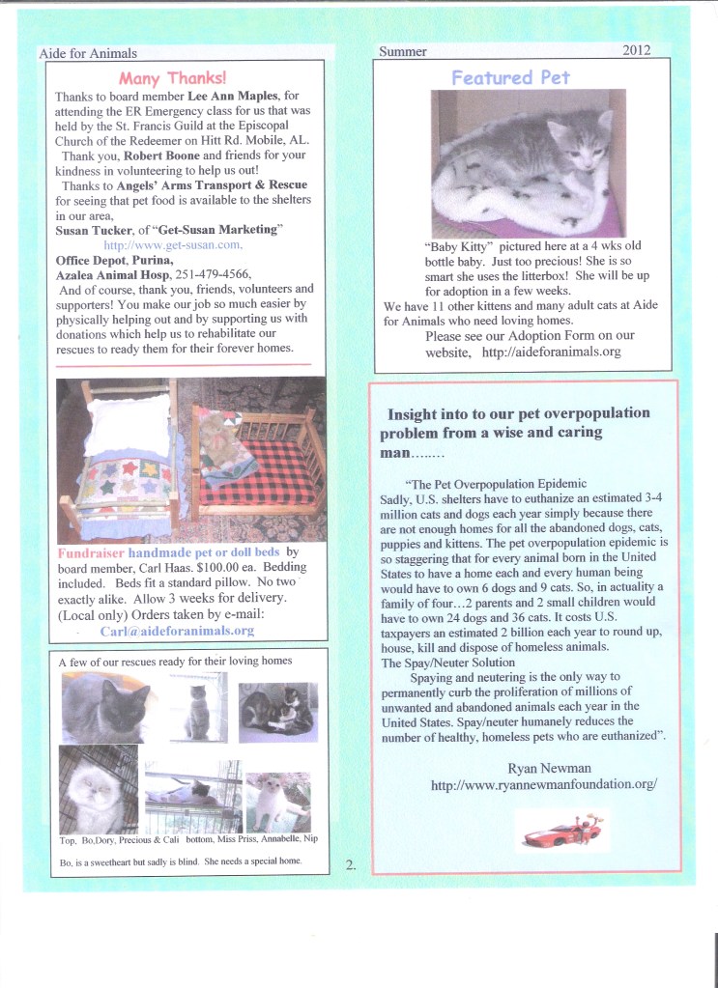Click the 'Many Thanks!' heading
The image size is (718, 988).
pyautogui.click(x=173, y=77)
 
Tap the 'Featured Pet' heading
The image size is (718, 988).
pyautogui.click(x=510, y=77)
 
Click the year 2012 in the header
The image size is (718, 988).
pyautogui.click(x=637, y=50)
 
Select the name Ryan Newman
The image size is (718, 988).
pyautogui.click(x=544, y=768)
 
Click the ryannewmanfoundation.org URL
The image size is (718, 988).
pyautogui.click(x=544, y=785)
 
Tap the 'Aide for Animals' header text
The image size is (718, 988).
pyautogui.click(x=88, y=53)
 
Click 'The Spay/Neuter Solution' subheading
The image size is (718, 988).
pyautogui.click(x=447, y=663)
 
